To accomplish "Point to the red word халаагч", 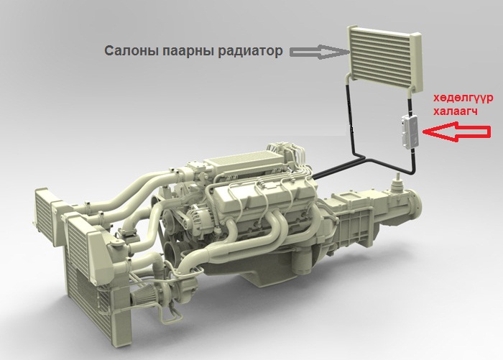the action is [x=455, y=111].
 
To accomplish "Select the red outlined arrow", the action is [x=457, y=131].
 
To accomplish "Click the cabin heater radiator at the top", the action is [x=384, y=59].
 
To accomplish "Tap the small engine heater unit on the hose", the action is [x=410, y=131].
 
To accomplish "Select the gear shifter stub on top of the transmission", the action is [x=397, y=183].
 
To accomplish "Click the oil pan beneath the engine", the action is [x=257, y=273].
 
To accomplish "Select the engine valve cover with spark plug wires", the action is [x=260, y=198].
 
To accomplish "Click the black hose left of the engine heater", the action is [x=350, y=119].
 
